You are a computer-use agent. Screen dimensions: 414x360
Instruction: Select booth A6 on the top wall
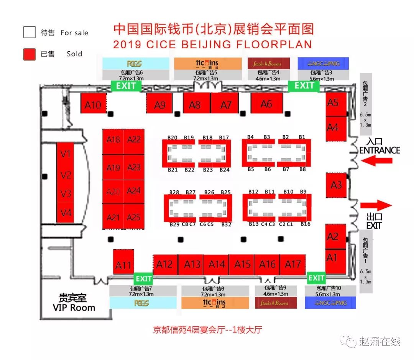pyautogui.click(x=267, y=103)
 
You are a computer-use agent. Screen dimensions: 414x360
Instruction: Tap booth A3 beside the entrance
pyautogui.click(x=336, y=185)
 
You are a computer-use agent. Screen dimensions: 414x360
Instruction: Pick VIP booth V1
pyautogui.click(x=66, y=154)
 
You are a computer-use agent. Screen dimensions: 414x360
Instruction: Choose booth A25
pyautogui.click(x=134, y=217)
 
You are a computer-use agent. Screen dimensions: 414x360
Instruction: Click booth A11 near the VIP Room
pyautogui.click(x=123, y=265)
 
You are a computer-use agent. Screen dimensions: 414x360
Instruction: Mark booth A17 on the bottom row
pyautogui.click(x=293, y=264)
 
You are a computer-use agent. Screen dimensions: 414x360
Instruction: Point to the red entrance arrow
pyautogui.click(x=376, y=161)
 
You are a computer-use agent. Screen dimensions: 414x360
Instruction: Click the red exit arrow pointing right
pyautogui.click(x=376, y=205)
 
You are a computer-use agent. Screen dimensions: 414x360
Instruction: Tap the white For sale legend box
pyautogui.click(x=29, y=33)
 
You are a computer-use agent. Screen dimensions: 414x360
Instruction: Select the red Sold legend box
pyautogui.click(x=29, y=54)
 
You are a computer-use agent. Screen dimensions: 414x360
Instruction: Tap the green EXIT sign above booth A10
pyautogui.click(x=126, y=86)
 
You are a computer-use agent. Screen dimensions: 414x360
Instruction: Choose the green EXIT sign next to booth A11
pyautogui.click(x=143, y=278)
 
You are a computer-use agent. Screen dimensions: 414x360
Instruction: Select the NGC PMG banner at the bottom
pyautogui.click(x=330, y=303)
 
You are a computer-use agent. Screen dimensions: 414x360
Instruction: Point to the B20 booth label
pyautogui.click(x=172, y=137)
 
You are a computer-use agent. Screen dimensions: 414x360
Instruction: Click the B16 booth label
pyautogui.click(x=306, y=224)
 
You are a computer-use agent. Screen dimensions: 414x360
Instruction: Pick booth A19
pyautogui.click(x=113, y=167)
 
